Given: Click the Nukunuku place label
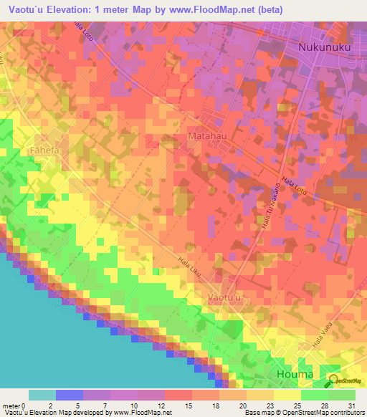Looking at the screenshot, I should pos(323,48).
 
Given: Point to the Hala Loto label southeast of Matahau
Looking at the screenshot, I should pos(295,186).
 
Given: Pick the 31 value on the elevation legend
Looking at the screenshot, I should pos(350,405).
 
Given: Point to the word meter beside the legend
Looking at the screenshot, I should pos(12,405).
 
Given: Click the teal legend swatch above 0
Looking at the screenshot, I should pos(42,395).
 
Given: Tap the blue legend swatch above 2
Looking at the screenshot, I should pos(69,395).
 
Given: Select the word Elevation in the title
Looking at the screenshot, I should pos(75,10).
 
